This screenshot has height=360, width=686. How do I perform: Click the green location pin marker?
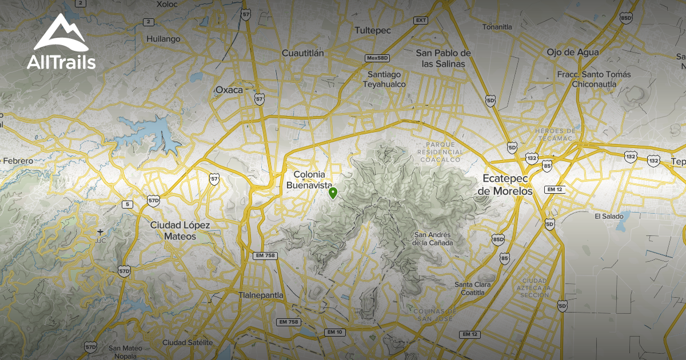[x=333, y=193]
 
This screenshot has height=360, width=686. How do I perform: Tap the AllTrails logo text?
[x=61, y=62]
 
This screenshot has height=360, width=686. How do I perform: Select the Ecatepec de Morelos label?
[x=506, y=185]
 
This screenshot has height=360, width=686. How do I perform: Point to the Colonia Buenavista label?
[x=309, y=180]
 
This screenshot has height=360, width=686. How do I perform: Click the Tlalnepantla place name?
[x=260, y=295]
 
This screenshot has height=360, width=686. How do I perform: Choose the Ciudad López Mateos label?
[x=180, y=230]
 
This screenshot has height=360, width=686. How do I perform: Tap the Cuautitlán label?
[x=303, y=53]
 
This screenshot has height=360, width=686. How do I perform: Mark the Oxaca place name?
[x=229, y=90]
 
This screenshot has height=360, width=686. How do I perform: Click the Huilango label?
[x=163, y=39]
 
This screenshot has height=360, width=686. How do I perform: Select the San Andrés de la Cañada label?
[x=433, y=239]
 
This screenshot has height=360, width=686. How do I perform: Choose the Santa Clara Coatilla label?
[x=469, y=289]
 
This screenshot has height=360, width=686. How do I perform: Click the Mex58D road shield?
[x=377, y=58]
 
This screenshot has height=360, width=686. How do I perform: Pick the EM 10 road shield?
[x=335, y=332]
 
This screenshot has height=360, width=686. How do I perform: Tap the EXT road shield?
[x=421, y=21]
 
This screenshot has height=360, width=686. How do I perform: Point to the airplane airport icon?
[x=101, y=231]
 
